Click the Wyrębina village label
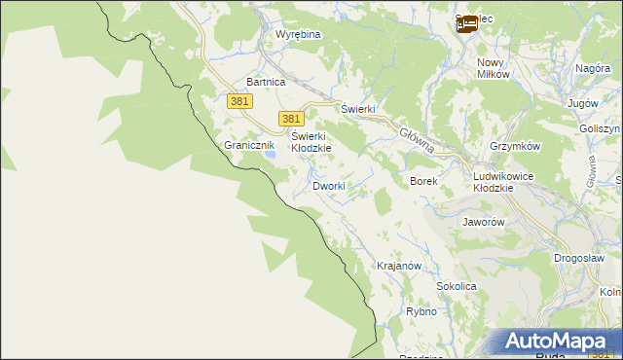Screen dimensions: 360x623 pos(298,34)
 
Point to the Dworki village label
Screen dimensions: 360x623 pos(329,185)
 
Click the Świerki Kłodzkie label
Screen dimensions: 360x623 pos(311,142)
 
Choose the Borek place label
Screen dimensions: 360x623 pos(423,182)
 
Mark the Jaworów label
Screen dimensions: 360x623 pos(484,222)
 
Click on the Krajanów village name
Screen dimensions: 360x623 pos(398,266)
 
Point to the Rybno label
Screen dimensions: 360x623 pos(421,312)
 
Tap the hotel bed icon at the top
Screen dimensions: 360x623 pos(468,23)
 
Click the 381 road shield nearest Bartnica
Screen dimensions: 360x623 pos(241,101)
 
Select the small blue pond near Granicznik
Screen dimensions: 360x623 pos(272,153)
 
